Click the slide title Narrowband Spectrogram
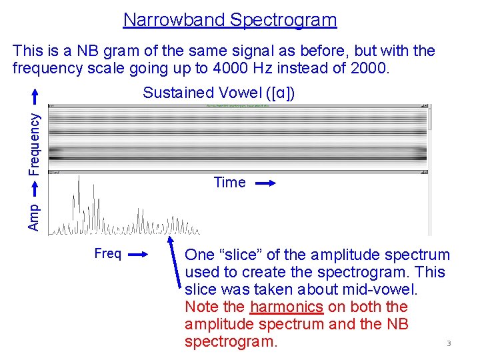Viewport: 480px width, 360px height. pyautogui.click(x=230, y=20)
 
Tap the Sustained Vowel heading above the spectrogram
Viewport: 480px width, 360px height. pyautogui.click(x=219, y=93)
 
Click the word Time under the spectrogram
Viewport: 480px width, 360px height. pyautogui.click(x=229, y=183)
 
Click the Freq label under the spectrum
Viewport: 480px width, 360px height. pyautogui.click(x=108, y=254)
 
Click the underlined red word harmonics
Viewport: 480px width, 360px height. pyautogui.click(x=286, y=307)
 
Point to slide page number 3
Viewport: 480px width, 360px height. pyautogui.click(x=449, y=344)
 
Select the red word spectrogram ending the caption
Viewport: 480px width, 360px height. pyautogui.click(x=231, y=342)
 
